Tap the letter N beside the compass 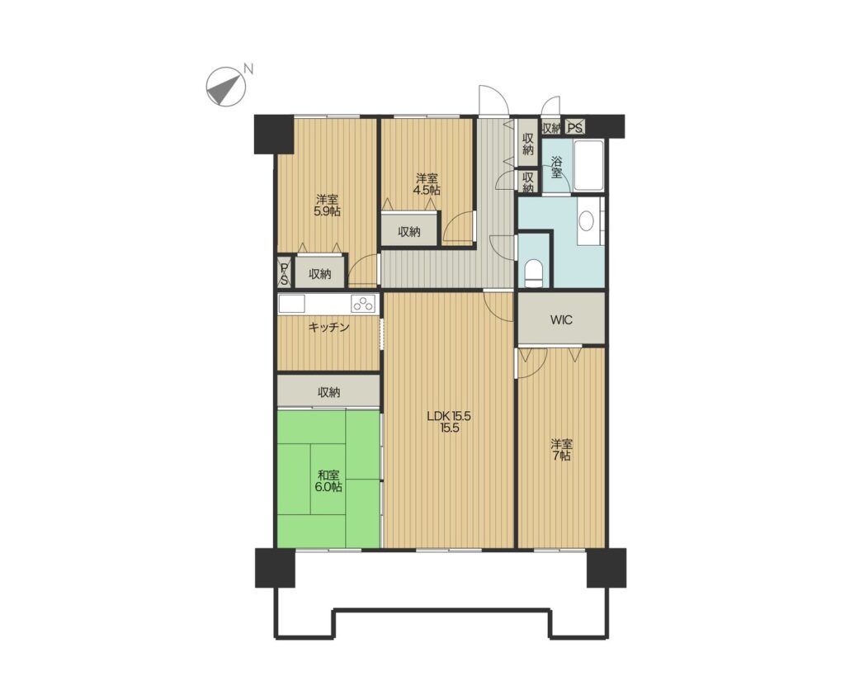coord(248,69)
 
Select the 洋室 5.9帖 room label coord(327,205)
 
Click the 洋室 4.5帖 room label coord(427,184)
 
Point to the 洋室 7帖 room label coord(561,451)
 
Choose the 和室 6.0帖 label coord(328,481)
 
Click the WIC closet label coord(561,319)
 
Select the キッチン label coord(328,327)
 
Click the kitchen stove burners coord(364,304)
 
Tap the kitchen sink coord(291,304)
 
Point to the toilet coord(534,272)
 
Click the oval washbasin coord(586,221)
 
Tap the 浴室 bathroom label coord(556,167)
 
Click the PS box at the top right coord(574,128)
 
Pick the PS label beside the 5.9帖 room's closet coord(284,274)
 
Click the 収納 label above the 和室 coord(328,392)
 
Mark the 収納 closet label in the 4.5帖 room coord(409,232)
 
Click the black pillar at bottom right coord(607,568)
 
